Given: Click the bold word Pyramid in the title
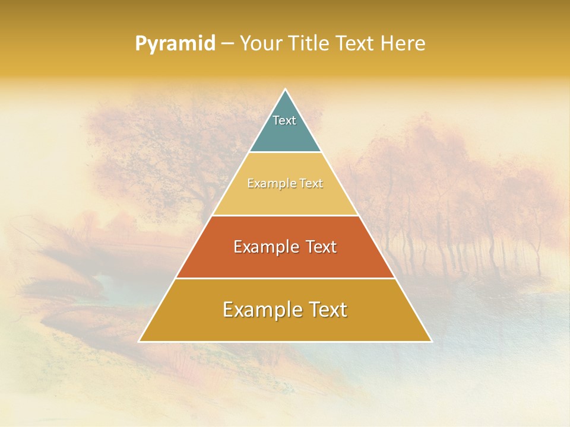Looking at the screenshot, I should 175,44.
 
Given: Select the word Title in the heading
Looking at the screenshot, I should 310,44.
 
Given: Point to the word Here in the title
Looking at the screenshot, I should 403,44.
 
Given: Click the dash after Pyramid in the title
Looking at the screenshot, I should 227,44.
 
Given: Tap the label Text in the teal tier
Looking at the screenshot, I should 284,120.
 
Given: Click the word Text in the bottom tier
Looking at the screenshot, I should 327,310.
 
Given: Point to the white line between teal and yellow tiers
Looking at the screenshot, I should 285,152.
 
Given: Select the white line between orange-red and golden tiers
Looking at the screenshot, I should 285,278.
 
